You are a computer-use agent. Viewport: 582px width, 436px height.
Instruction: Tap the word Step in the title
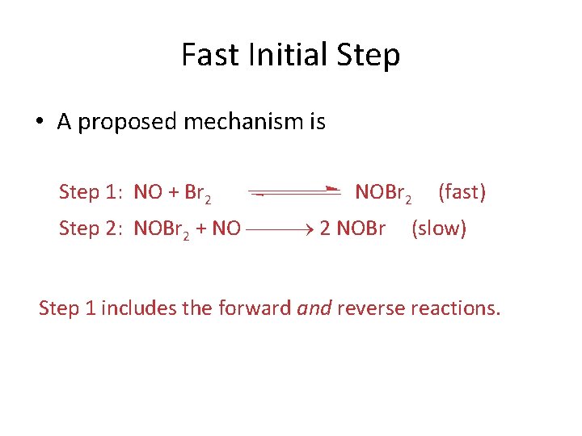[x=366, y=56]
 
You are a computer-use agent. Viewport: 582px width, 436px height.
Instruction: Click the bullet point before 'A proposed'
[x=39, y=123]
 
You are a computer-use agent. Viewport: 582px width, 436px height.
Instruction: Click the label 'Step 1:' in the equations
[x=91, y=192]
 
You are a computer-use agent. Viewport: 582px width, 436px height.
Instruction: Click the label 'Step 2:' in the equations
[x=91, y=228]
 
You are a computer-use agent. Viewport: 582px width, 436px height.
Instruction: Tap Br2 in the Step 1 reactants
[x=199, y=193]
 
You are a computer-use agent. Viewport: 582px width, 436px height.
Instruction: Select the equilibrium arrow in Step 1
[x=294, y=191]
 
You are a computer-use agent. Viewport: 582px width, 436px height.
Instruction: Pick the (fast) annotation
[x=462, y=192]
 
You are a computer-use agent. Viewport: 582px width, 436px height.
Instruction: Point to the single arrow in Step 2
[x=279, y=229]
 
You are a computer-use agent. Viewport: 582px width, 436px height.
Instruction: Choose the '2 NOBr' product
[x=352, y=228]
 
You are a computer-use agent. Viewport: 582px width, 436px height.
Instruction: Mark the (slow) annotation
[x=439, y=228]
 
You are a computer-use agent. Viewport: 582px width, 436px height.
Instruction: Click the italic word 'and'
[x=314, y=308]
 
